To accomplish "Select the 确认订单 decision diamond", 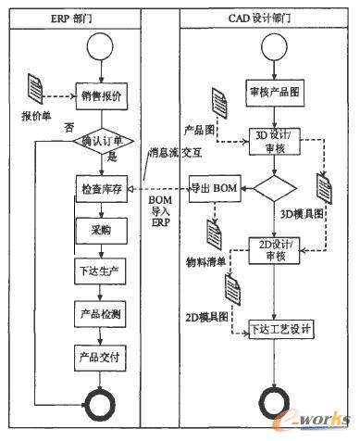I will point(101,142).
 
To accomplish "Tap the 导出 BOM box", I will point(215,189).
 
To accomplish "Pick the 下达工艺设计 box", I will point(283,327).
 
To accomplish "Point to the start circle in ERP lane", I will point(101,48).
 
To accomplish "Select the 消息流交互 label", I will point(171,153).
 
